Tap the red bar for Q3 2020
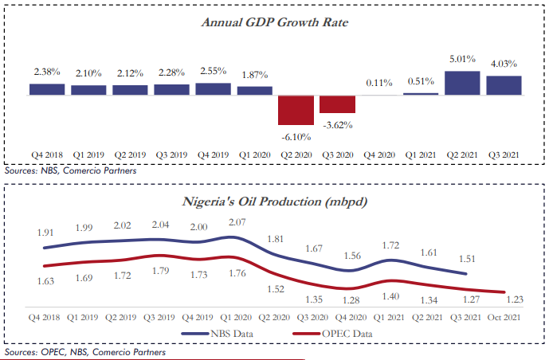(x=337, y=104)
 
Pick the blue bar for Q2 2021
(x=462, y=84)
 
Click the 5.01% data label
(x=462, y=59)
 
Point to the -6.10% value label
(x=296, y=136)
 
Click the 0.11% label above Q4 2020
(x=379, y=82)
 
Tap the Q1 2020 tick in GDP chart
(x=255, y=155)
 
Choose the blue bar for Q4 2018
(x=47, y=90)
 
